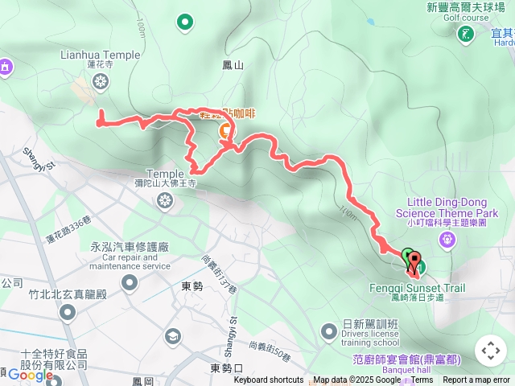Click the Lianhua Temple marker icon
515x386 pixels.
pos(101,80)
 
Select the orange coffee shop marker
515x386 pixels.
pos(225,128)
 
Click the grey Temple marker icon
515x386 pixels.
pos(165,200)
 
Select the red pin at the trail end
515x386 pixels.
pos(414,262)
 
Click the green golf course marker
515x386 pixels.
pos(466,34)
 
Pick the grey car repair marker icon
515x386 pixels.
pos(130,281)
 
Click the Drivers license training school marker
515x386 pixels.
pos(328,331)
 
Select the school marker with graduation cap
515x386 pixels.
pos(172,335)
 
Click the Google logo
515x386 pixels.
pos(30,375)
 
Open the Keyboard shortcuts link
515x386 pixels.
pos(269,380)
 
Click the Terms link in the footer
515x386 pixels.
pos(422,380)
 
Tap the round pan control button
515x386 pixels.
pos(491,351)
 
